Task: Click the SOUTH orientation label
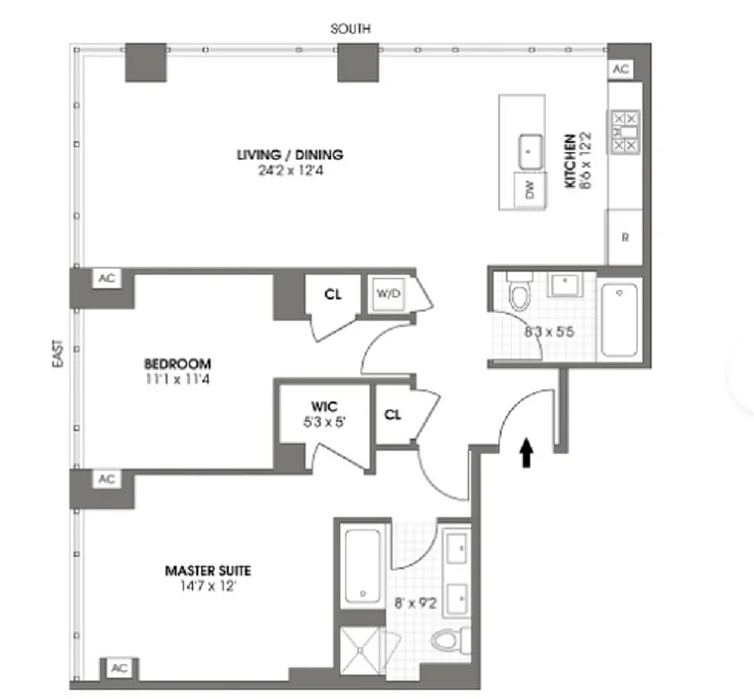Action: pos(349,29)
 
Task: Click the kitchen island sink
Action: pos(530,150)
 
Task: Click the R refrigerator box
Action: pos(624,237)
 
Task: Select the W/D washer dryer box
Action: pos(387,294)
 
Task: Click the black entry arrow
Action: pos(527,452)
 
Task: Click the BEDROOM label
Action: pos(178,363)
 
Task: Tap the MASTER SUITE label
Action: pos(208,571)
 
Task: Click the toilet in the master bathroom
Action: pos(448,641)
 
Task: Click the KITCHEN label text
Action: pos(569,162)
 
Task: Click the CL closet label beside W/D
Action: pos(332,294)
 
